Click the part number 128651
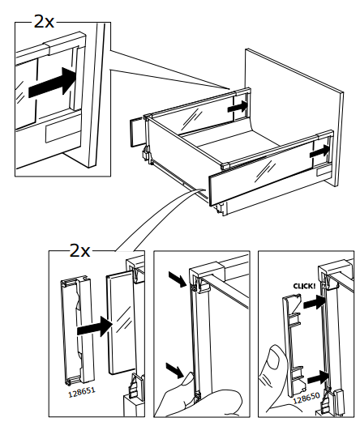(x=82, y=392)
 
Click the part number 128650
(x=306, y=397)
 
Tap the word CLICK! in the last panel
(x=305, y=286)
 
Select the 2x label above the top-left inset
(x=44, y=22)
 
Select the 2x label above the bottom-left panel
(x=79, y=250)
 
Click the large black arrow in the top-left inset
(x=52, y=83)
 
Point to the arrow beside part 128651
(x=95, y=326)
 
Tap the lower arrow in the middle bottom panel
(x=175, y=370)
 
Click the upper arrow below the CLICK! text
(x=314, y=302)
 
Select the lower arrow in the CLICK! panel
(x=319, y=377)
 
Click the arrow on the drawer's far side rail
(x=238, y=107)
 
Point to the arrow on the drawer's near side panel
(x=319, y=151)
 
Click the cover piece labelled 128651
(x=78, y=330)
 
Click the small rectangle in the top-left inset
(x=63, y=133)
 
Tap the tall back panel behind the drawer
(x=294, y=117)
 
